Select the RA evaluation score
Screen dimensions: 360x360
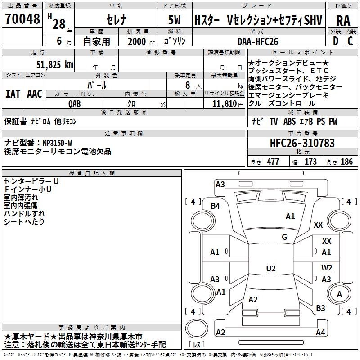343,20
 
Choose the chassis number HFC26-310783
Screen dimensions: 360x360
302,144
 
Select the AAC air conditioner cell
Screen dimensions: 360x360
35,94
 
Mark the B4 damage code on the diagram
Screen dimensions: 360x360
216,206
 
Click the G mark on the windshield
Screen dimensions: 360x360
284,237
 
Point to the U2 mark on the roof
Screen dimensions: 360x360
271,269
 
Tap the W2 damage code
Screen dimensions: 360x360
327,268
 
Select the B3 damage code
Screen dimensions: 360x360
320,308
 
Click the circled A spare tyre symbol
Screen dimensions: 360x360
340,294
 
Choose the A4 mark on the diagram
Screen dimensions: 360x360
320,333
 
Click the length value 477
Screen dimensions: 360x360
272,162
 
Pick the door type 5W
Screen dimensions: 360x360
175,20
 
